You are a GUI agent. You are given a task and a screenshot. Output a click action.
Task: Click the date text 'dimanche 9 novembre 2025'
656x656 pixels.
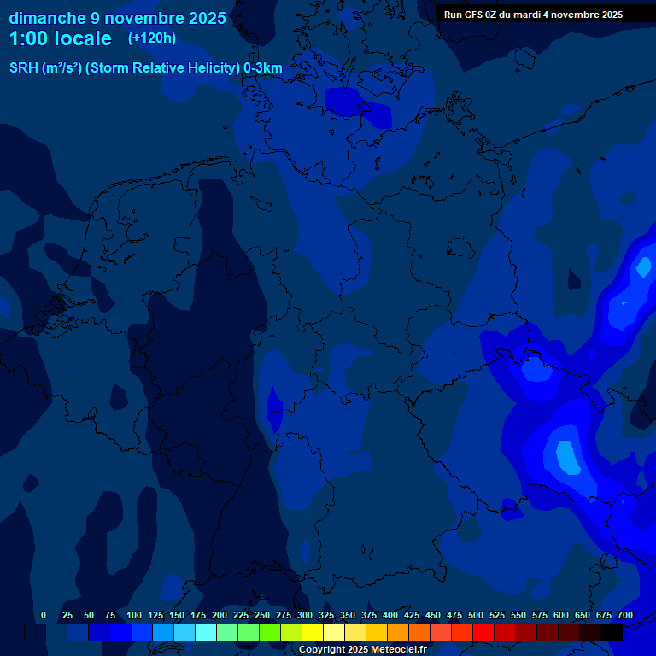click(118, 18)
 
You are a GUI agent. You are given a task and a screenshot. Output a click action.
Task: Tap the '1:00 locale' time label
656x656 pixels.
click(61, 38)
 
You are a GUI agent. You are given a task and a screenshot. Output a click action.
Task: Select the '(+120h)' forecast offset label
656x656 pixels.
click(152, 38)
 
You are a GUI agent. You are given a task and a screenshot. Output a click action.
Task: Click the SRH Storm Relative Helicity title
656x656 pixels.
click(146, 67)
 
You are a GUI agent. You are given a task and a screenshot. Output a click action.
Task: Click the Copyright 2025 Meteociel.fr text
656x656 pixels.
click(362, 649)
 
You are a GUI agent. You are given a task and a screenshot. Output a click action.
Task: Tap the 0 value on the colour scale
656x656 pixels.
click(44, 615)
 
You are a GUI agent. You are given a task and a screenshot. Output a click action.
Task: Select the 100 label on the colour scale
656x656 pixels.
click(134, 615)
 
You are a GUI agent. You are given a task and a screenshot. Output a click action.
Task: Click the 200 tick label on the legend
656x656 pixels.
click(220, 615)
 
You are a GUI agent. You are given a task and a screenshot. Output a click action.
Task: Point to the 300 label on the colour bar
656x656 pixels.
click(305, 615)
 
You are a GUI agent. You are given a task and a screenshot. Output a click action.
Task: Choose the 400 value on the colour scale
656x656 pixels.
click(390, 615)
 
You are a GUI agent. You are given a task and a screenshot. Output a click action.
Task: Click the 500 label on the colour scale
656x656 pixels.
click(476, 615)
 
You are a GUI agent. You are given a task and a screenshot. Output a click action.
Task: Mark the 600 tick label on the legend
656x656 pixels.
click(561, 615)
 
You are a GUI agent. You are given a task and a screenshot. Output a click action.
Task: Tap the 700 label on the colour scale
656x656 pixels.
click(625, 615)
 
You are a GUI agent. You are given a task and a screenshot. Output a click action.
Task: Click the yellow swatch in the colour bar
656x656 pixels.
click(313, 633)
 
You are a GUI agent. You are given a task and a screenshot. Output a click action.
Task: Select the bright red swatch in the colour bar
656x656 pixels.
click(483, 633)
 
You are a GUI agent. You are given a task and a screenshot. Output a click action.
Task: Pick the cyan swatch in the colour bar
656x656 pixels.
click(206, 633)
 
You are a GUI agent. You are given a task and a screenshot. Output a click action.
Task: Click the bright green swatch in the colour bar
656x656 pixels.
click(270, 633)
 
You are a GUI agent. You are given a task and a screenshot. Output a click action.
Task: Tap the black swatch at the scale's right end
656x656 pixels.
click(612, 633)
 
